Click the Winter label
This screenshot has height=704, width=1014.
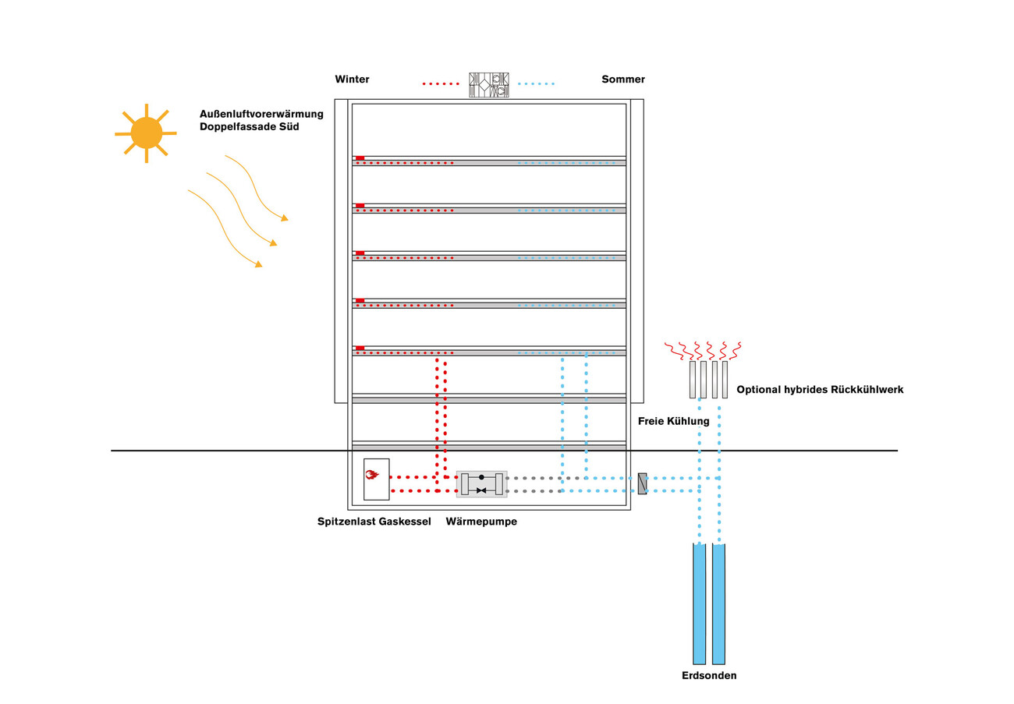352,80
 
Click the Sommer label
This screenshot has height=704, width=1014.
623,80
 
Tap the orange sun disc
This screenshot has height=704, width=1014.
146,133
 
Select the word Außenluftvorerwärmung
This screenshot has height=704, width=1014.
261,114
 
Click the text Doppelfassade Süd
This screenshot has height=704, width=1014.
250,126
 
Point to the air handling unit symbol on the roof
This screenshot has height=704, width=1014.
489,84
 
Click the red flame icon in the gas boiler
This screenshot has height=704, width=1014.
372,474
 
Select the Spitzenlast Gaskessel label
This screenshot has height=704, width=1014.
374,522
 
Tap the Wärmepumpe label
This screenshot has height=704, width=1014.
481,522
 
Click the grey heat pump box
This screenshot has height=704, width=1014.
481,483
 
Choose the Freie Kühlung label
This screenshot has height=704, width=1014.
673,421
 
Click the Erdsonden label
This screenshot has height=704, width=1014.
709,676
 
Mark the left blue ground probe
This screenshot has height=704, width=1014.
699,604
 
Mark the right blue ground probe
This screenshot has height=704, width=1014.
718,604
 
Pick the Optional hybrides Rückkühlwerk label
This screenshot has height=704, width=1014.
820,389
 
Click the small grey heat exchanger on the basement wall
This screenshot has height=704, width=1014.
642,483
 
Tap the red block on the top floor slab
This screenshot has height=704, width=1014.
360,158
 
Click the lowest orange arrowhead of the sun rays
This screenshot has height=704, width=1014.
258,265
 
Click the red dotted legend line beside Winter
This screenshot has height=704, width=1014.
441,83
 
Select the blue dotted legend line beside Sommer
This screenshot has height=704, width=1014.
536,83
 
